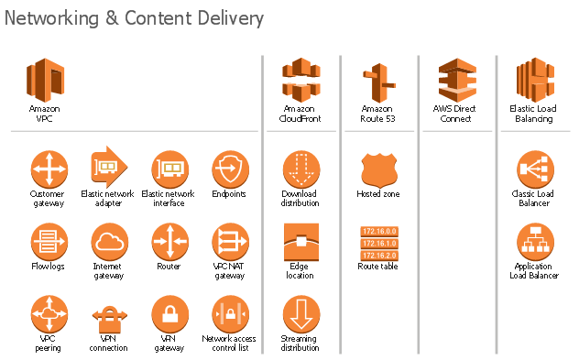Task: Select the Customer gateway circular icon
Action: point(48,169)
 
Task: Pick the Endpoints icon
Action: point(229,169)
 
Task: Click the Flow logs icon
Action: point(48,242)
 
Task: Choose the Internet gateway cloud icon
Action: point(108,242)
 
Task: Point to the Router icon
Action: point(169,242)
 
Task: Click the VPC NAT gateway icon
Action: point(229,242)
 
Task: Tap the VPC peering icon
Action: point(48,313)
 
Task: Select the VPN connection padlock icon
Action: point(108,317)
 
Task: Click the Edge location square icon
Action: point(300,242)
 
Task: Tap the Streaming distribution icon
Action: point(300,314)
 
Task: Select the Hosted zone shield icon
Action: point(377,169)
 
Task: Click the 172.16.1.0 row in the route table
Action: point(378,243)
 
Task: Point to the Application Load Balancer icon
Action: point(534,242)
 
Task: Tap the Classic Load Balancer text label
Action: point(532,198)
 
